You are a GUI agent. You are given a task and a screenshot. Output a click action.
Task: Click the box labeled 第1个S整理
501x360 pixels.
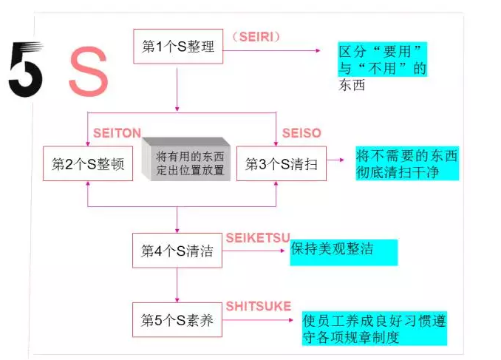pyautogui.click(x=177, y=47)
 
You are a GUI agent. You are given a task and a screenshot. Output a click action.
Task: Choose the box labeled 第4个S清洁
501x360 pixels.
pyautogui.click(x=177, y=251)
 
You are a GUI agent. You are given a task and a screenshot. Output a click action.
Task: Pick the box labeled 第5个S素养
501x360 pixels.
pyautogui.click(x=177, y=320)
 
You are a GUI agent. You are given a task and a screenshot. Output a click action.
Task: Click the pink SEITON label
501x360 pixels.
pyautogui.click(x=117, y=133)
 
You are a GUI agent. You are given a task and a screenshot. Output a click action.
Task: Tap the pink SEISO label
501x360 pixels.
pyautogui.click(x=301, y=133)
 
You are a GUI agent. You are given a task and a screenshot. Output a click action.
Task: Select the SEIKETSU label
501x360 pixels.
pyautogui.click(x=258, y=237)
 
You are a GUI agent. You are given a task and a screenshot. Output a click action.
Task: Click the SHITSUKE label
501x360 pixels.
pyautogui.click(x=258, y=305)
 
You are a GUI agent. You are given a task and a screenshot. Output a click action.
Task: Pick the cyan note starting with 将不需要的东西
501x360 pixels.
pyautogui.click(x=406, y=163)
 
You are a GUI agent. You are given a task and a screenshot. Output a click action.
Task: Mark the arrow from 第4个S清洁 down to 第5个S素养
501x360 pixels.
pyautogui.click(x=177, y=285)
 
